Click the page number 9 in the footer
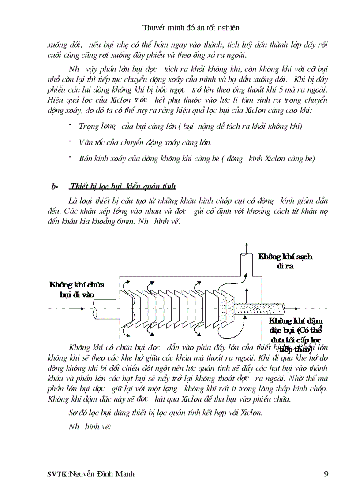(325, 474)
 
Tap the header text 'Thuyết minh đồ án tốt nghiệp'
(191, 28)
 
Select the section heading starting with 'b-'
(114, 186)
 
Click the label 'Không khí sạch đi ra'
(285, 261)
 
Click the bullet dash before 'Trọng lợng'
(70, 125)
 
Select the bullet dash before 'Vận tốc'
(70, 141)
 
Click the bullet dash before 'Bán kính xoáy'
(70, 158)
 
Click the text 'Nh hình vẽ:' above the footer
(90, 426)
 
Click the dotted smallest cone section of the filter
(230, 306)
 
